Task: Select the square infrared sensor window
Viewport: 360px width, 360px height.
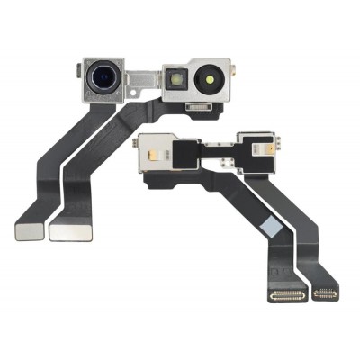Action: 176,82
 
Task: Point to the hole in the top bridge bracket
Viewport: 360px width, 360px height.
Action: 138,85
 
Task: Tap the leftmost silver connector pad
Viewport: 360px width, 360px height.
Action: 29,230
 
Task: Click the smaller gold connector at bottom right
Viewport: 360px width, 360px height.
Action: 325,293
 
